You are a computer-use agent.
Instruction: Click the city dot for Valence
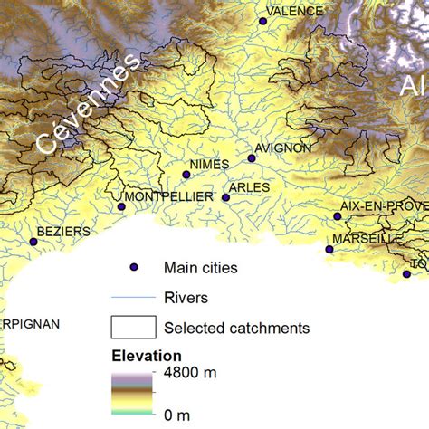(263, 20)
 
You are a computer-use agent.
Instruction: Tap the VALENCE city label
(296, 11)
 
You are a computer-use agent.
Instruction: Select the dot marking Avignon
(253, 158)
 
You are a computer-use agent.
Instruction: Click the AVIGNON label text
(282, 148)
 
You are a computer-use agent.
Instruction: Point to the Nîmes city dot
(186, 175)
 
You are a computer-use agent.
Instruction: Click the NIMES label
(210, 164)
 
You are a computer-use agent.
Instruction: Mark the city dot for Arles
(225, 197)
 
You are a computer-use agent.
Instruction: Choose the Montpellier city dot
(121, 206)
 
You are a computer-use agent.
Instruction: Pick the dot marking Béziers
(33, 242)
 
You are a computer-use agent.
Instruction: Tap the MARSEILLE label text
(367, 238)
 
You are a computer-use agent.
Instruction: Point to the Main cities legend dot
(132, 267)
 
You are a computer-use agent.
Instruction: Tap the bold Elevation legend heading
(147, 355)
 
